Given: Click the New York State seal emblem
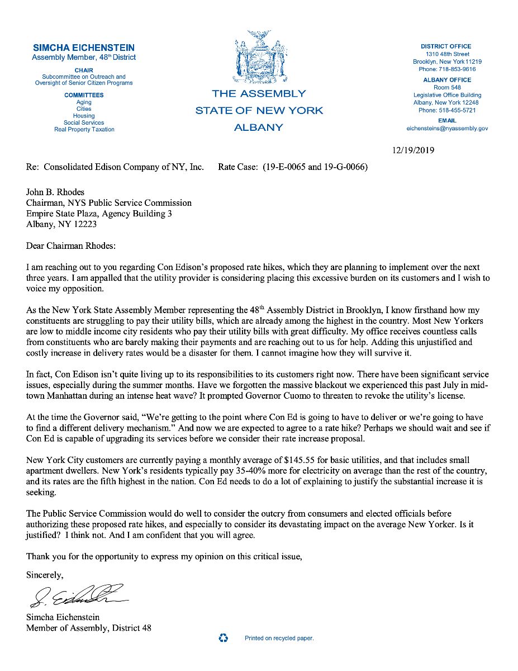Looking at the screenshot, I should pyautogui.click(x=258, y=58).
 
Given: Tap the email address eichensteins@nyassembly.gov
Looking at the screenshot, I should pyautogui.click(x=447, y=128).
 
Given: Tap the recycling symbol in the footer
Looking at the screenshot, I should pyautogui.click(x=224, y=638).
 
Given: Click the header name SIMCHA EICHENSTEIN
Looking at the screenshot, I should pyautogui.click(x=84, y=48).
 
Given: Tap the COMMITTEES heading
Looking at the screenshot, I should pyautogui.click(x=84, y=95).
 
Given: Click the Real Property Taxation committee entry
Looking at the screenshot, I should pyautogui.click(x=84, y=129).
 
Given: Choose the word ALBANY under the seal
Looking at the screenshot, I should pyautogui.click(x=258, y=127).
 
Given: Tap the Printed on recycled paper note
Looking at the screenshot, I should pyautogui.click(x=279, y=638).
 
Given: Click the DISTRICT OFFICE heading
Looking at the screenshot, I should pyautogui.click(x=446, y=46).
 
